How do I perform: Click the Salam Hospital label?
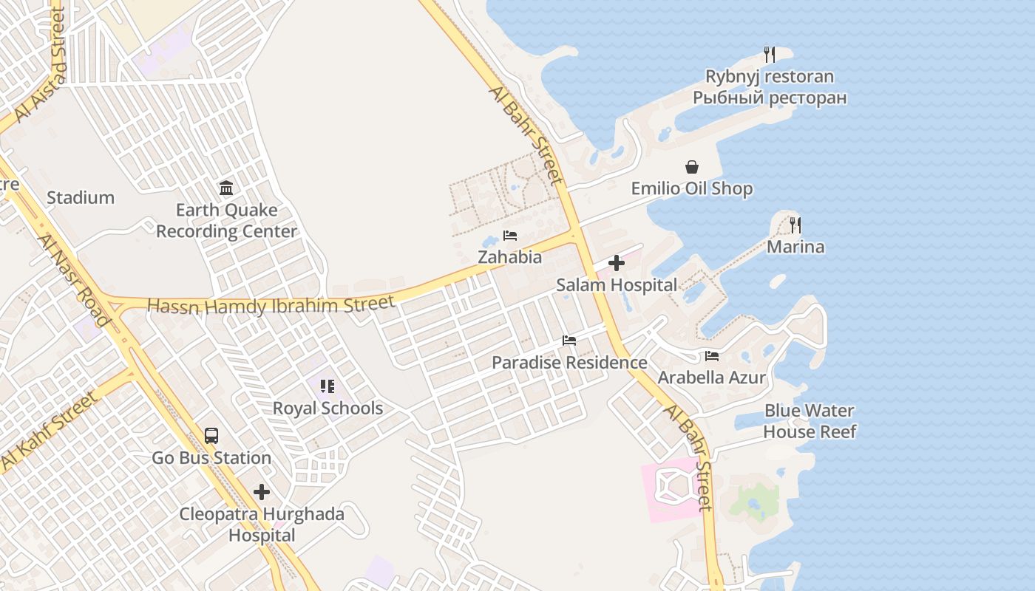coord(616,285)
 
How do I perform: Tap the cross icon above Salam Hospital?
coord(616,263)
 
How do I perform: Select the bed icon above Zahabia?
coord(509,236)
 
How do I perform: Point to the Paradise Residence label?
coord(569,363)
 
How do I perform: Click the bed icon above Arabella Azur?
coord(712,356)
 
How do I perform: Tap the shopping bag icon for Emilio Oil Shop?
coord(692,168)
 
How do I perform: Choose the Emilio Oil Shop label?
coord(692,189)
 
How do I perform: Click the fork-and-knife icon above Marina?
coord(795,225)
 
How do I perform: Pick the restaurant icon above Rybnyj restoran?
coord(770,55)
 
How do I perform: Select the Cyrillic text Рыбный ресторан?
coord(770,98)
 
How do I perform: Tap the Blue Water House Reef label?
coord(810,421)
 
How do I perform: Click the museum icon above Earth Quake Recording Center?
coord(226,188)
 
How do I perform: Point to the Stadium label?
coord(81,198)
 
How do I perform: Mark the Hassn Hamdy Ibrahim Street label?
coord(271,304)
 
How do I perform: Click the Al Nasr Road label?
coord(74,279)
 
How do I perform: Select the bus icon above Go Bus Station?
coord(211,436)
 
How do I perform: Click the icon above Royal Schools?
coord(328,386)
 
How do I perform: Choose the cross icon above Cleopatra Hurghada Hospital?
coord(262,492)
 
